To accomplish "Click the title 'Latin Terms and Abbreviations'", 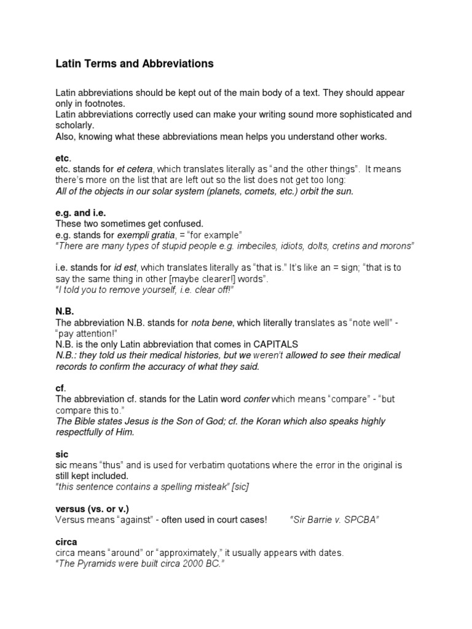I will click(x=135, y=63).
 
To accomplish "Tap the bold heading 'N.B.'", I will click(x=65, y=311).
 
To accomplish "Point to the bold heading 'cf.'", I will click(x=61, y=388).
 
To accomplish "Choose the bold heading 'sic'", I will click(x=61, y=454).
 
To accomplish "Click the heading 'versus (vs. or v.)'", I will click(x=92, y=509).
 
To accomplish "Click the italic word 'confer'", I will click(x=257, y=399).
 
